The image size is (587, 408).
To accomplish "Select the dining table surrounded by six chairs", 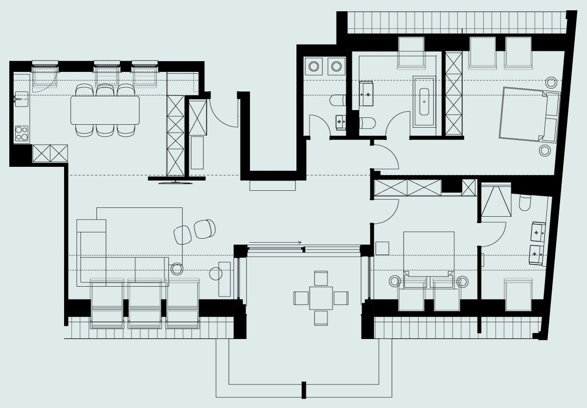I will [105, 110].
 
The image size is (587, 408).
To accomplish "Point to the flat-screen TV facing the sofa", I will [176, 182].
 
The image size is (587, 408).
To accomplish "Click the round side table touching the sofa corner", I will [177, 269].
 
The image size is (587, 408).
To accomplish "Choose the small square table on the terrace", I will [321, 298].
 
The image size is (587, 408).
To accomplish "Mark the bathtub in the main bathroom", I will [424, 102].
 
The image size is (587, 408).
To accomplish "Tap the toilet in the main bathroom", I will [368, 123].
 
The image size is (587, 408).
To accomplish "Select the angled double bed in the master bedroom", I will [528, 114].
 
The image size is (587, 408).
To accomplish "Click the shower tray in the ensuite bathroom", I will [496, 201].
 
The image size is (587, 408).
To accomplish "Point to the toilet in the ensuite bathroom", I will [525, 202].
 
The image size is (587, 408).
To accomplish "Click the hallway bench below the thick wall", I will [272, 186].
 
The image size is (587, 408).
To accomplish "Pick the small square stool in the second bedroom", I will [382, 249].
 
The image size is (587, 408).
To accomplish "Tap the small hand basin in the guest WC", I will [340, 122].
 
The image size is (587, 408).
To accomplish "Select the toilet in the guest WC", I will [338, 100].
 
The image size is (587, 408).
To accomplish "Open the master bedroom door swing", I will [386, 157].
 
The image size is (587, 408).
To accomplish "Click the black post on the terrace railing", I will [304, 390].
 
